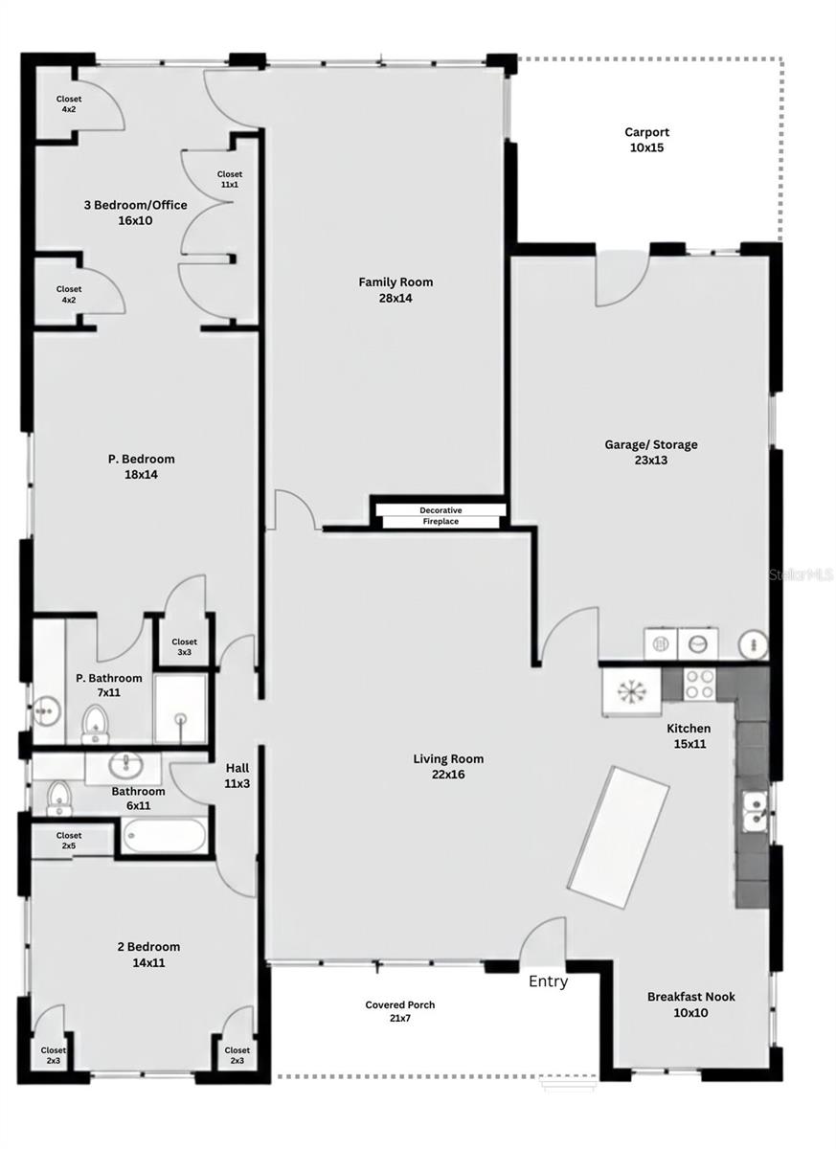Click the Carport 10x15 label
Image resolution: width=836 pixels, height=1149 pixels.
646,140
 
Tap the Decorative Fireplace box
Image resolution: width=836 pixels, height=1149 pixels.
440,516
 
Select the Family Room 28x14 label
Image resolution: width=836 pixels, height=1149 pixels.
395,289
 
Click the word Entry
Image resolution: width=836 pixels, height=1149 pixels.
548,981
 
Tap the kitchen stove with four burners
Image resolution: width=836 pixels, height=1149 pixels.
700,683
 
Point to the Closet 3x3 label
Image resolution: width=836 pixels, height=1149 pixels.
185,647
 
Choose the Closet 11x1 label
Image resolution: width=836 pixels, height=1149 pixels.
229,179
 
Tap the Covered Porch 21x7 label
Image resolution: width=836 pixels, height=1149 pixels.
400,1011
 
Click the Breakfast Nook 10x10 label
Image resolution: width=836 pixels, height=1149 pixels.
690,1004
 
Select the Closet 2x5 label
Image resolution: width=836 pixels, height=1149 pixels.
69,841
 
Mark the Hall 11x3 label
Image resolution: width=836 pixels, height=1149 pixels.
237,776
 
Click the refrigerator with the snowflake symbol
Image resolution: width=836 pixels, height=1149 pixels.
631,691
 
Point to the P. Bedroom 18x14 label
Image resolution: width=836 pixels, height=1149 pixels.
141,466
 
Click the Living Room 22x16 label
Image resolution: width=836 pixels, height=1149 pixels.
448,766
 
